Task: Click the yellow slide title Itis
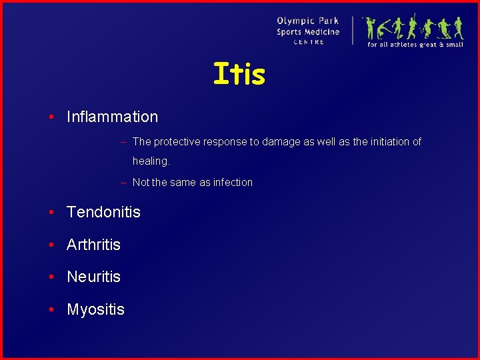(x=239, y=74)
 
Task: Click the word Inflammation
(x=112, y=117)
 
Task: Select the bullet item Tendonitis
(x=103, y=213)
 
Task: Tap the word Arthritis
(x=93, y=245)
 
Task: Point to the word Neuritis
(x=93, y=277)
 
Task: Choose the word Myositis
(x=95, y=309)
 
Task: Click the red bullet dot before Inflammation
(x=51, y=117)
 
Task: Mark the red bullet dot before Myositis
(x=51, y=310)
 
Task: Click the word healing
(x=151, y=161)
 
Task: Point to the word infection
(x=233, y=182)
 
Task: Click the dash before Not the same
(x=124, y=182)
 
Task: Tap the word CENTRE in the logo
(x=309, y=42)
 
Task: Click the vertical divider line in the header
(x=353, y=31)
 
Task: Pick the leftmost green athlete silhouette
(x=370, y=28)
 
